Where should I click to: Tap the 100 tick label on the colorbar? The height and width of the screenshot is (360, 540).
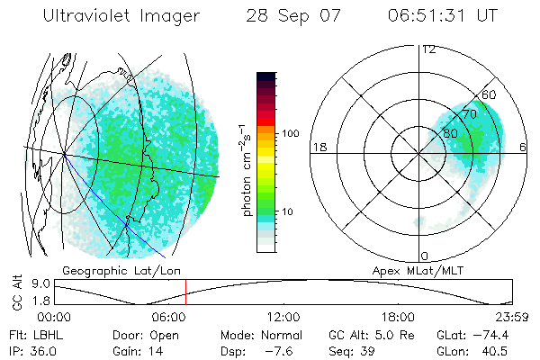click(x=290, y=133)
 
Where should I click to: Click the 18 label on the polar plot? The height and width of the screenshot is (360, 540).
click(x=318, y=147)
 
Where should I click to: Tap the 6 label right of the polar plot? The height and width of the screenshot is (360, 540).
click(x=525, y=147)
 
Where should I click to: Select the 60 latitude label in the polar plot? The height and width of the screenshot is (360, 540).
click(x=490, y=94)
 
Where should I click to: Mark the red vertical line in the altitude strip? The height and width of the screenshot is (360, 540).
click(x=185, y=292)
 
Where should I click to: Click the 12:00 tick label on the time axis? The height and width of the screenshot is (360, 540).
click(x=283, y=316)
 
